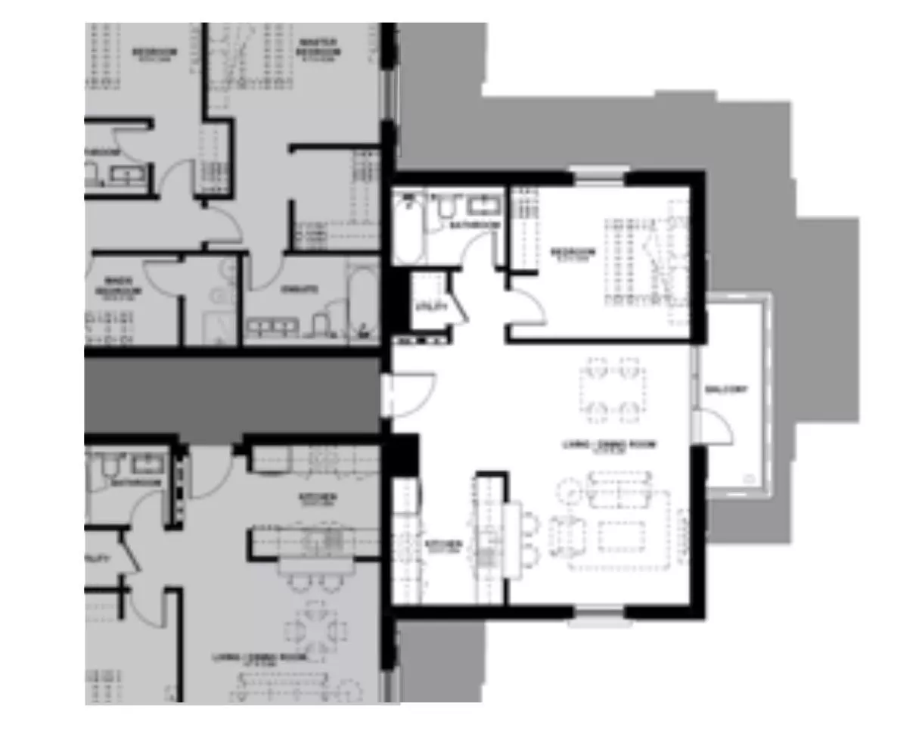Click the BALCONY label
coord(725,390)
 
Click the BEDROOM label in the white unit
coord(573,253)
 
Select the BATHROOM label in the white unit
coord(474,225)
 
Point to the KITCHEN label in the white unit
coord(443,545)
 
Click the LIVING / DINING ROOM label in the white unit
coord(609,445)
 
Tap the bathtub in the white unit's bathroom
coord(408,227)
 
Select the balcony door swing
coord(716,426)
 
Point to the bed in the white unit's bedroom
coord(643,261)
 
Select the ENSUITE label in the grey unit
coord(299,289)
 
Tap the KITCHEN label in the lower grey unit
coord(318,498)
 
